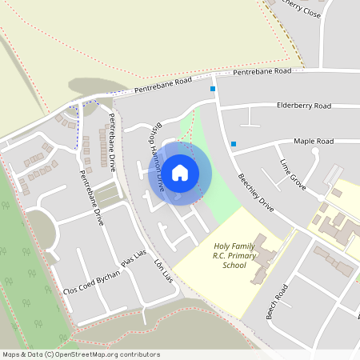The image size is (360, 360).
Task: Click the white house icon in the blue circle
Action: pyautogui.click(x=180, y=172)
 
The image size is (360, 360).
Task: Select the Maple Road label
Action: pyautogui.click(x=313, y=141)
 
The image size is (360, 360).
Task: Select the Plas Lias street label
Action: pyautogui.click(x=135, y=257)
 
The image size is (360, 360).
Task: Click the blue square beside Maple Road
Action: pyautogui.click(x=234, y=144)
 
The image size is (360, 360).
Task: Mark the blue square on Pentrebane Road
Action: pyautogui.click(x=214, y=89)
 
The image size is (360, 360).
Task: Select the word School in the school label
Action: pyautogui.click(x=235, y=265)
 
